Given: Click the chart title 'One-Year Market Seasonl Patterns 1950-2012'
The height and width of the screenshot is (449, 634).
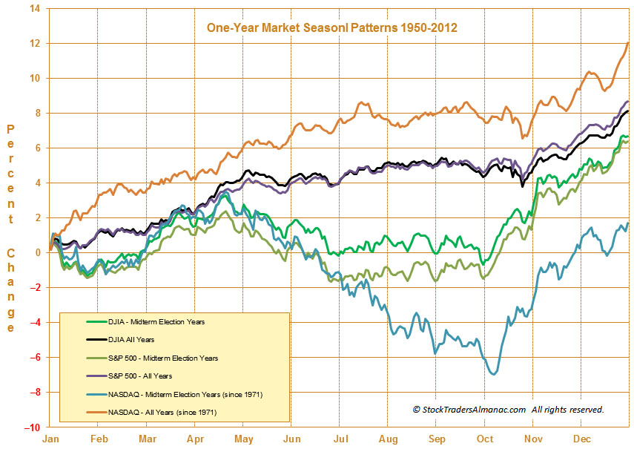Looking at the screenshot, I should (331, 27).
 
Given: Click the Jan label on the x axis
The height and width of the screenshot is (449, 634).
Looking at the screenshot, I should (51, 439).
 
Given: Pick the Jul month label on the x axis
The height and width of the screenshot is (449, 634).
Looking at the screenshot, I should (340, 439).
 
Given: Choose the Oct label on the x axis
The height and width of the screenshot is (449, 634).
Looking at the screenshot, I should (485, 439).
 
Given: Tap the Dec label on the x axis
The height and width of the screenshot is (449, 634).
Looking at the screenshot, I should (581, 439).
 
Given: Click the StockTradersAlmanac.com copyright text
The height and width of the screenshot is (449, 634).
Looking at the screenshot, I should (508, 409).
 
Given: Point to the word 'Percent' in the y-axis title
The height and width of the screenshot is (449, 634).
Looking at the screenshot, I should (11, 174).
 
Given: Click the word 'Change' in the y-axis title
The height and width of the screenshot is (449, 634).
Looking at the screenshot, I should (11, 290).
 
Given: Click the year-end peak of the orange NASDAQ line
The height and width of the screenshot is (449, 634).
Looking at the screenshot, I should (628, 43).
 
